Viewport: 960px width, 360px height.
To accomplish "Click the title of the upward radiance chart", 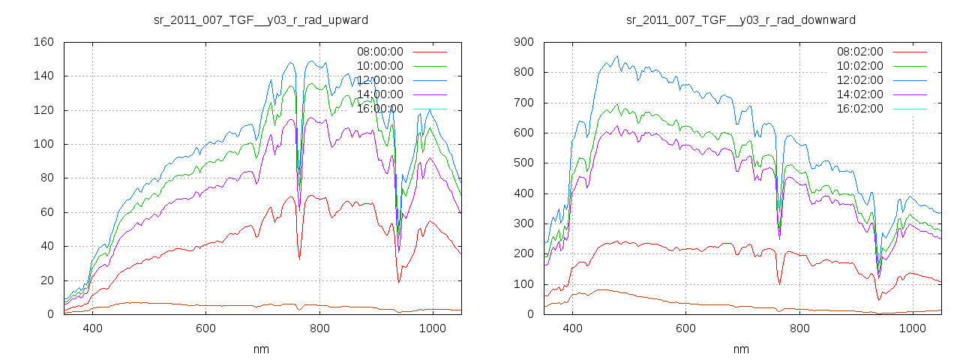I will click(261, 19).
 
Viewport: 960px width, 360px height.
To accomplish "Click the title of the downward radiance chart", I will click(741, 19).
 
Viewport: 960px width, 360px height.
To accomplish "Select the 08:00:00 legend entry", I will click(379, 52).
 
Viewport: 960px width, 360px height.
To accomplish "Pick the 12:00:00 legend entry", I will click(379, 80).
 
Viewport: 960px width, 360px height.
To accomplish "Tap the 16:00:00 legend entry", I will click(379, 109).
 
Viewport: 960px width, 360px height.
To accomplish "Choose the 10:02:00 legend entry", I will click(859, 66).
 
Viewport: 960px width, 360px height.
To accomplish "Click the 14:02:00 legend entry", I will click(859, 94).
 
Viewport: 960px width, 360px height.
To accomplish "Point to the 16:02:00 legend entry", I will click(859, 109).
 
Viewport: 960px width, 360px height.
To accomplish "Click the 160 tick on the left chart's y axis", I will click(43, 42).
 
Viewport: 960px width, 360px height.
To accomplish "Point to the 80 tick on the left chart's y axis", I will click(46, 178).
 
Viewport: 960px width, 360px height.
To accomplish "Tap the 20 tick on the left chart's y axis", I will click(46, 280).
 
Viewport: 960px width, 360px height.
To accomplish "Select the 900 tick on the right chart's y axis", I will click(523, 42).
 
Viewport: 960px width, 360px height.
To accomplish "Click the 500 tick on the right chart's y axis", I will click(523, 163).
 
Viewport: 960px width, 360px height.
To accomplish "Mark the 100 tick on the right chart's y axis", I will click(523, 284).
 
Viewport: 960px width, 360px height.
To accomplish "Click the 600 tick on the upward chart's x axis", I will click(206, 328).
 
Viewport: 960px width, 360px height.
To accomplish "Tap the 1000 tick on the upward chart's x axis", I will click(433, 328).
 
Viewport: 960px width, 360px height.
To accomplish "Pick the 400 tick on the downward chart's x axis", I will click(572, 328).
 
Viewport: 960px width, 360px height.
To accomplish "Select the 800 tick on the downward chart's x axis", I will click(799, 328).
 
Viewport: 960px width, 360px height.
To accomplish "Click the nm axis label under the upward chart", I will click(261, 349).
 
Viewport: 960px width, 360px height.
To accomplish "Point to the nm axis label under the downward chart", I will click(741, 349).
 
